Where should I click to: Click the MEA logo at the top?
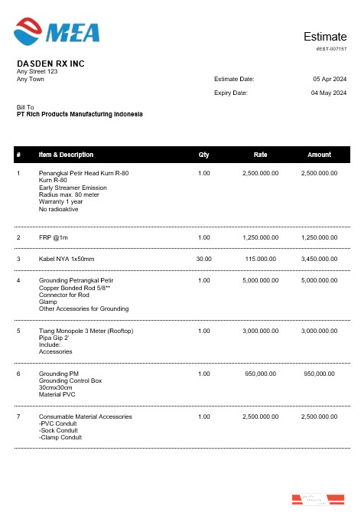coord(57,31)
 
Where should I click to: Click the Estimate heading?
coord(325,37)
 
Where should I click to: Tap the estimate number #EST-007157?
coord(331,48)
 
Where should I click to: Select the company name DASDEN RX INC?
coord(50,64)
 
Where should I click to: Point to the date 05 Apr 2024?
coord(330,79)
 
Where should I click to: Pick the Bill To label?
coord(26,107)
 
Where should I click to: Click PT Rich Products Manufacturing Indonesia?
coord(80,114)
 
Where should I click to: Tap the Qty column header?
coord(203,155)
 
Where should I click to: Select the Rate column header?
coord(260,155)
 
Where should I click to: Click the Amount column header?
coord(319,155)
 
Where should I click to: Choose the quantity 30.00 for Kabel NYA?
coord(203,259)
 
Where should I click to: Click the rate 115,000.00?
coord(260,259)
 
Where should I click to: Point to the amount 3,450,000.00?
coord(319,259)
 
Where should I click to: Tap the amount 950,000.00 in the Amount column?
coord(319,374)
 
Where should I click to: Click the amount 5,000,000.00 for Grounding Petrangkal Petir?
coord(319,280)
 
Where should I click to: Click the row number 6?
coord(18,374)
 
